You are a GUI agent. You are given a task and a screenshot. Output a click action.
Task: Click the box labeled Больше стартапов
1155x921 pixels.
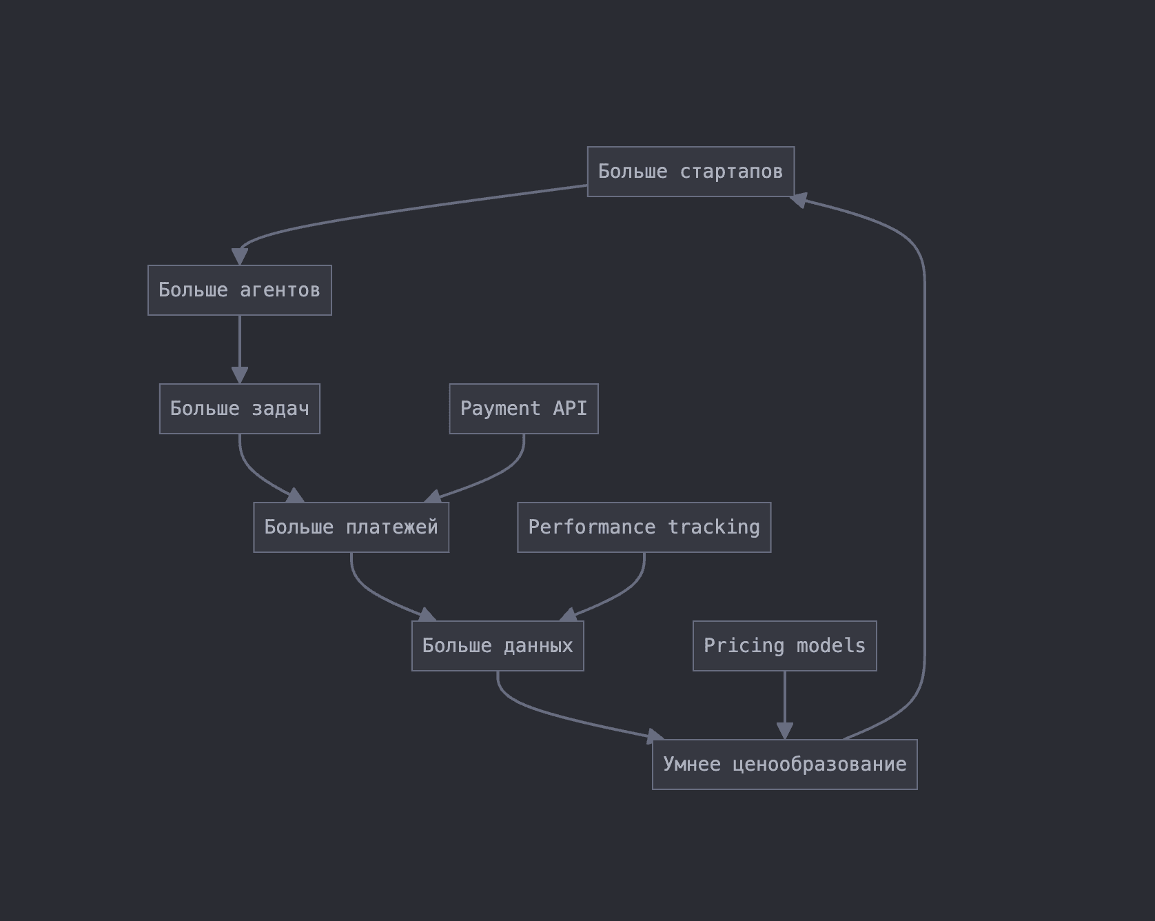coord(691,172)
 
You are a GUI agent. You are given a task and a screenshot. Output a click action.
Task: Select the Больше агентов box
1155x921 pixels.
coord(240,290)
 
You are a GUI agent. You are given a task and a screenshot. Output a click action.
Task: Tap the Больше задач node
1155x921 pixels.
coord(240,409)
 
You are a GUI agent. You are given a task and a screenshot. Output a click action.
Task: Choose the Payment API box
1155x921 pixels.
coord(524,409)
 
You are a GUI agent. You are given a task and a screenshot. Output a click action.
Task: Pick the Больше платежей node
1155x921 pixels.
coord(351,527)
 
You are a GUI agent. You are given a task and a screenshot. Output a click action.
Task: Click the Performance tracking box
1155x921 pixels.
coord(644,527)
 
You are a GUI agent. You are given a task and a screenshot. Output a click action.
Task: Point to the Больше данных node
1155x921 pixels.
coord(498,646)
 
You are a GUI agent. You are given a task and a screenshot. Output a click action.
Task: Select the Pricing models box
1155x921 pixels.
coord(785,646)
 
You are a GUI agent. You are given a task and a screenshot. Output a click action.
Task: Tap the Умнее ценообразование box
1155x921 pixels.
coord(785,765)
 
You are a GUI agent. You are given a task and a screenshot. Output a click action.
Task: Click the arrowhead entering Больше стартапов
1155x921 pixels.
coord(798,200)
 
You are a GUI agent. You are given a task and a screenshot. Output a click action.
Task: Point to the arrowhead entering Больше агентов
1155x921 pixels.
coord(240,256)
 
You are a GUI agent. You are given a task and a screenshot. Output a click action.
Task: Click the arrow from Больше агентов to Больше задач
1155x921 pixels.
coord(240,350)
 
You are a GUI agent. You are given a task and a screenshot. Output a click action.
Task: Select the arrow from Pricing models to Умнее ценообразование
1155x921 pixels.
coord(785,705)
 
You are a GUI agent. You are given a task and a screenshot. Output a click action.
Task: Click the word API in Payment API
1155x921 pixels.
coord(570,409)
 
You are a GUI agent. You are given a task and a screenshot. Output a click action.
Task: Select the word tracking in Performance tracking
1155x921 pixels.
coord(714,528)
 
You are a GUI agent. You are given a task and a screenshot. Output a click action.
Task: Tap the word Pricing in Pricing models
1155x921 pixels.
coord(744,647)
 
